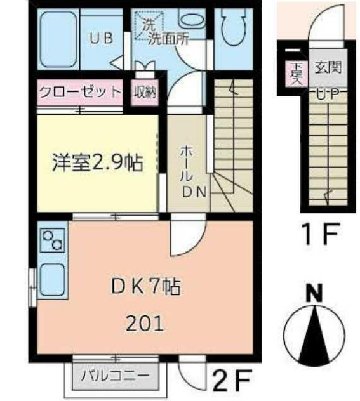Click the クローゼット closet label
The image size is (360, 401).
pyautogui.click(x=80, y=92)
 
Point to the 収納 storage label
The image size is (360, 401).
pyautogui.click(x=145, y=92)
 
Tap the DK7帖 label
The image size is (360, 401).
pyautogui.click(x=147, y=287)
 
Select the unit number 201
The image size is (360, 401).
pyautogui.click(x=145, y=324)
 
